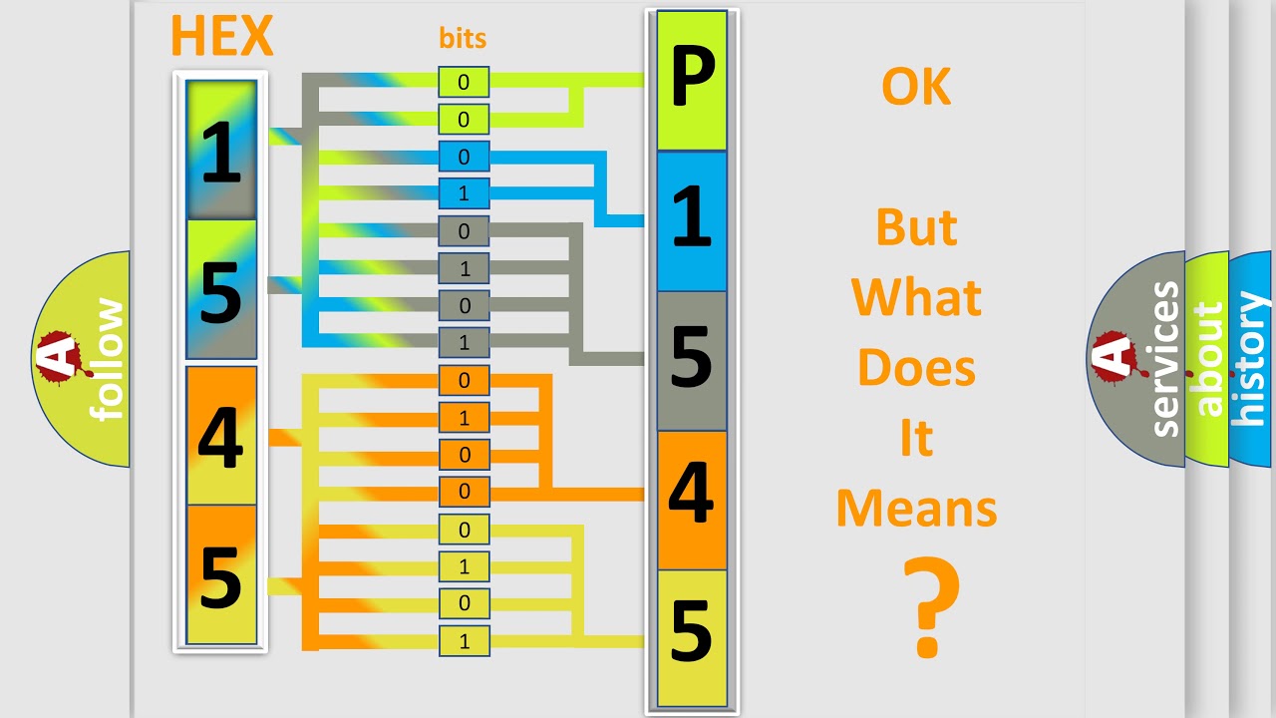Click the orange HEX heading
click(x=221, y=36)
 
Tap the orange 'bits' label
click(x=463, y=39)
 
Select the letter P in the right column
click(x=692, y=82)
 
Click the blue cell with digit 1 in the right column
click(x=692, y=221)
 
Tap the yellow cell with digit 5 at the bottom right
click(x=692, y=636)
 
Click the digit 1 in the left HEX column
click(x=221, y=152)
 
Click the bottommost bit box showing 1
click(x=464, y=641)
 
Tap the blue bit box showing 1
click(x=464, y=193)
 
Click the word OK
click(x=916, y=88)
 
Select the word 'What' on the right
click(x=917, y=298)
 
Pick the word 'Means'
click(x=917, y=509)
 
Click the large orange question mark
click(x=931, y=608)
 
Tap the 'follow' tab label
click(x=108, y=359)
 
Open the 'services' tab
click(x=1164, y=359)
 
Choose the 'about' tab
click(x=1208, y=359)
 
